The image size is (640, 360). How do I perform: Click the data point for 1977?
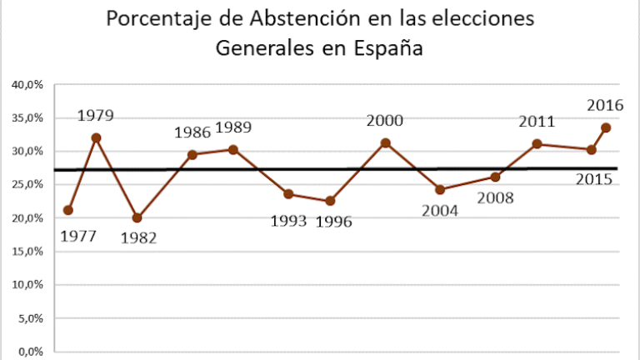click(x=67, y=210)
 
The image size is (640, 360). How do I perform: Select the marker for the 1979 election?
click(x=96, y=137)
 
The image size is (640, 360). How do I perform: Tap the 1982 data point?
click(x=137, y=217)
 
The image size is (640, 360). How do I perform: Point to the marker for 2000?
click(x=385, y=142)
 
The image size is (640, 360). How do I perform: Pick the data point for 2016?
click(x=606, y=127)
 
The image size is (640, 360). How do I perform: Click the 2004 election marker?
click(x=440, y=189)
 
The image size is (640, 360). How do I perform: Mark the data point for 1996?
click(x=329, y=201)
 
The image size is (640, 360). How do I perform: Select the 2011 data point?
click(x=537, y=144)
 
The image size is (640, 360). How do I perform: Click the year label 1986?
click(x=192, y=132)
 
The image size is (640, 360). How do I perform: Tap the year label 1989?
click(x=233, y=127)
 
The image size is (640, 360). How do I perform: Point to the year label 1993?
click(x=288, y=222)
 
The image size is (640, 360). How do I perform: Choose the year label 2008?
click(x=495, y=198)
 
